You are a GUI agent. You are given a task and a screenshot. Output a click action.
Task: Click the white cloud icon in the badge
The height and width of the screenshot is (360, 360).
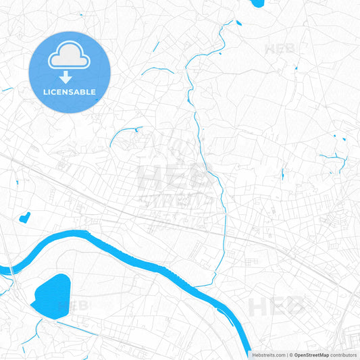click(70, 56)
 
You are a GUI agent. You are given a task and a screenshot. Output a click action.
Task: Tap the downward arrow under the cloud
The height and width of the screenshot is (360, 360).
click(70, 77)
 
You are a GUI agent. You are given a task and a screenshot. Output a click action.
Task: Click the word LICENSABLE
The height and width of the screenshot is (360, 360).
click(70, 92)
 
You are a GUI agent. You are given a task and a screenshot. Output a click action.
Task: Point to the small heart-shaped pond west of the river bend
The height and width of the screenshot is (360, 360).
click(25, 217)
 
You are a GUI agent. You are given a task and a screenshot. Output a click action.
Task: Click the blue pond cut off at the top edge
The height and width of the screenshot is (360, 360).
click(257, 3)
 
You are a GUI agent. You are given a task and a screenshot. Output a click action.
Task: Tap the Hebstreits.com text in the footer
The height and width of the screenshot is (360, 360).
click(269, 355)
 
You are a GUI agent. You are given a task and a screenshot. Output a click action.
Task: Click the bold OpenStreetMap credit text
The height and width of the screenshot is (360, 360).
click(311, 355)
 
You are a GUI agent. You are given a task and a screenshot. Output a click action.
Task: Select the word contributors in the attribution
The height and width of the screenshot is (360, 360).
click(344, 355)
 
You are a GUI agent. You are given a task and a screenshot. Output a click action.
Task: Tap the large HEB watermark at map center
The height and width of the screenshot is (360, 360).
click(175, 177)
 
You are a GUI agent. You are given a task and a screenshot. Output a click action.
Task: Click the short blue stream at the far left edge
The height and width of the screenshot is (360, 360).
click(7, 89)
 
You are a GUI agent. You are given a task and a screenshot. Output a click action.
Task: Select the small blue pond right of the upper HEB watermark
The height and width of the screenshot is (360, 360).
click(296, 68)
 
